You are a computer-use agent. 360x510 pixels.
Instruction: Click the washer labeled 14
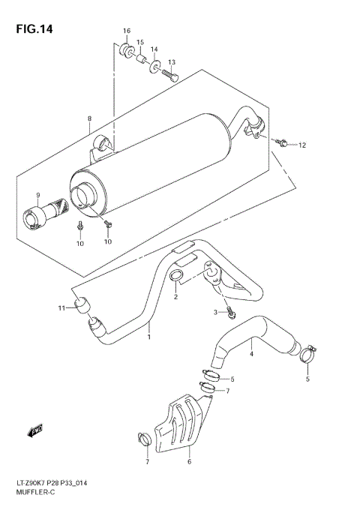pos(154,69)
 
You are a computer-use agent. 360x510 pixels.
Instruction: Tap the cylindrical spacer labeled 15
pos(139,58)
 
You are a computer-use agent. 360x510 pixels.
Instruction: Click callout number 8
pos(89,118)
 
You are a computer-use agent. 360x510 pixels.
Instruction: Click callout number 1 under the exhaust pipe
pos(148,337)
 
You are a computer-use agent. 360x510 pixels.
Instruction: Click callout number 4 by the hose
pos(251,354)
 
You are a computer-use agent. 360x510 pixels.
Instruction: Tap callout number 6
pos(189,463)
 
